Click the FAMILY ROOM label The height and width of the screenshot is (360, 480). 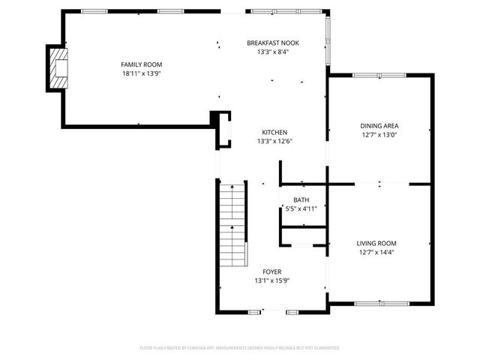(x=142, y=64)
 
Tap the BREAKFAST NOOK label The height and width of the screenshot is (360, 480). (x=273, y=43)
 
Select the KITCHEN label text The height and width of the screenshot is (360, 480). (x=273, y=132)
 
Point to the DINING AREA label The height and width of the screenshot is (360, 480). (x=379, y=126)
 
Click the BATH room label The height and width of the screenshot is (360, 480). (x=301, y=199)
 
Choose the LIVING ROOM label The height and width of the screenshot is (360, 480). (x=376, y=243)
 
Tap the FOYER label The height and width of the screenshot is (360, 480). (x=271, y=271)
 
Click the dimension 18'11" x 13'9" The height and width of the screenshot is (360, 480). (x=142, y=74)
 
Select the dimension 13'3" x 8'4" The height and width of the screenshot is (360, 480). (x=273, y=52)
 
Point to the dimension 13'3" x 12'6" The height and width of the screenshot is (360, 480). (x=273, y=142)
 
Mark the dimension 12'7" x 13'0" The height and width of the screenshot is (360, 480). (x=379, y=136)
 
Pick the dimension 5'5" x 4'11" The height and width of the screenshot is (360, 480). (x=301, y=209)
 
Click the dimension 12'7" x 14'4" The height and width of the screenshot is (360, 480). (x=376, y=253)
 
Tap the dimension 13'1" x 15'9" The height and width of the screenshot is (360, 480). (x=271, y=281)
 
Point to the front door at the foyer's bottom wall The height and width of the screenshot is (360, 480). (x=274, y=310)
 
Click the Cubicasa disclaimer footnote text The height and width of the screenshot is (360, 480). (x=240, y=348)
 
